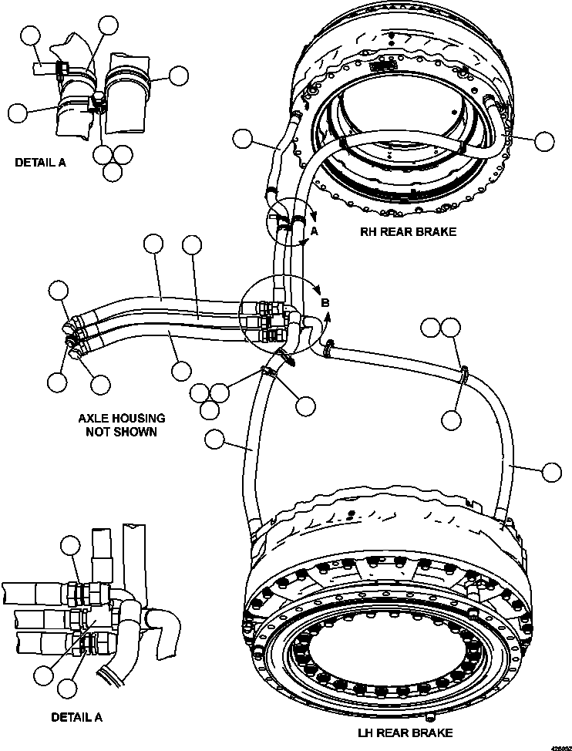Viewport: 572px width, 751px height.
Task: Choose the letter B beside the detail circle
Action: [x=325, y=303]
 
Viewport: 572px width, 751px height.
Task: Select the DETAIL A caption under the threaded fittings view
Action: [x=76, y=716]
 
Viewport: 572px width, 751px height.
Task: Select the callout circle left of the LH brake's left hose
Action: [x=215, y=439]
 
